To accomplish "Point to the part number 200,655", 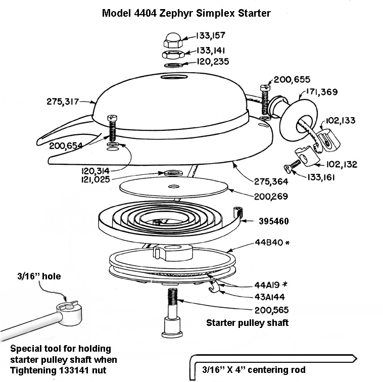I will [292, 79].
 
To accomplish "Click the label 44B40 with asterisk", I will [265, 243].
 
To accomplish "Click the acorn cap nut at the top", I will [172, 37].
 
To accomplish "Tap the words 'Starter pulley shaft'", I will [248, 322].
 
